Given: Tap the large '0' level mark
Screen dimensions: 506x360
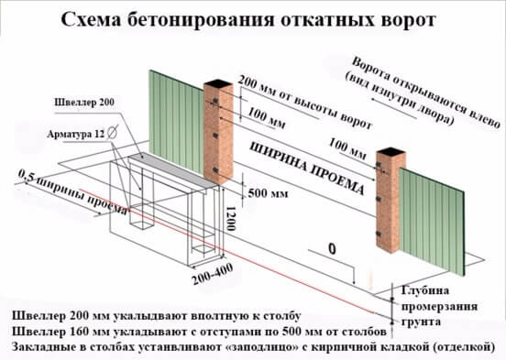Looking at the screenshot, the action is coord(333,247).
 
